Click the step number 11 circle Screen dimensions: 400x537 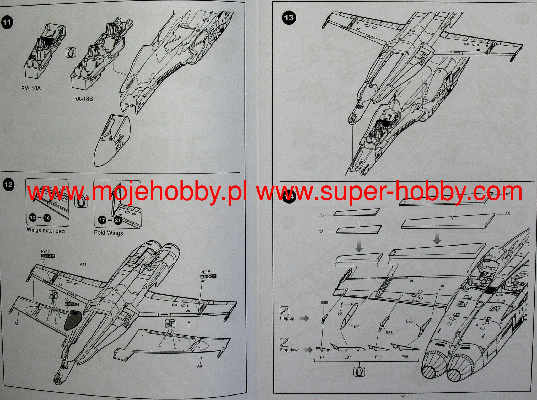pyautogui.click(x=7, y=22)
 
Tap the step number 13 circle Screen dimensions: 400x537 pyautogui.click(x=289, y=18)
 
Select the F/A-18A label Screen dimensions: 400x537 pyautogui.click(x=31, y=88)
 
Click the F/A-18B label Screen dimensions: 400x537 pyautogui.click(x=82, y=99)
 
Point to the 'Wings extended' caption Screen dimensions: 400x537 pyautogui.click(x=45, y=231)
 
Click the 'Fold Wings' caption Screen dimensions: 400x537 pyautogui.click(x=108, y=233)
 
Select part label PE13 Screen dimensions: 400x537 pyautogui.click(x=45, y=252)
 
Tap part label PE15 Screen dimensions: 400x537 pyautogui.click(x=205, y=272)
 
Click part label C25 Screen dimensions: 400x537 pyautogui.click(x=68, y=300)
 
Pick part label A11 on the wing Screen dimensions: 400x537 pyautogui.click(x=83, y=264)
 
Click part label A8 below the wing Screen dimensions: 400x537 pyautogui.click(x=200, y=366)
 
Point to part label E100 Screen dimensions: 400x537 pyautogui.click(x=355, y=327)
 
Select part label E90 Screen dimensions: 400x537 pyautogui.click(x=325, y=302)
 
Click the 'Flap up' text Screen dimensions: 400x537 pyautogui.click(x=287, y=318)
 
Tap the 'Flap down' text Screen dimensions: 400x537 pyautogui.click(x=290, y=350)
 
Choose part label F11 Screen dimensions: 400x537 pyautogui.click(x=378, y=357)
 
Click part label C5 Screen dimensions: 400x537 pyautogui.click(x=321, y=215)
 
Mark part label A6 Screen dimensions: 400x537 pyautogui.click(x=507, y=214)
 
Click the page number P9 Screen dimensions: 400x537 pyautogui.click(x=403, y=397)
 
